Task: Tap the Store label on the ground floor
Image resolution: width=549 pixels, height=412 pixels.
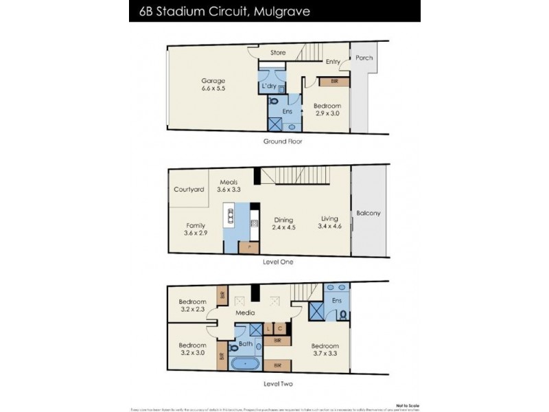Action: coord(277,52)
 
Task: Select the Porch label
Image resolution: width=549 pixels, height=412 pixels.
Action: coord(364,58)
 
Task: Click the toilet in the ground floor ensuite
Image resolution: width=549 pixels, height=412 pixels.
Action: coord(274,102)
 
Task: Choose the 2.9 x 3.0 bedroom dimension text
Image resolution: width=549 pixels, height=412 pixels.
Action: coord(327,115)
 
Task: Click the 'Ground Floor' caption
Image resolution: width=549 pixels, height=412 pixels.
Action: coord(282,141)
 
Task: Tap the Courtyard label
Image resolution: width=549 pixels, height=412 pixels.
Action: coord(189,190)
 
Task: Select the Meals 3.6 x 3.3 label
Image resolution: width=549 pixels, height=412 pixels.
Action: coord(229,186)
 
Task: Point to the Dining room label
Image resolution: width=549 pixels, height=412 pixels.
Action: coord(282,219)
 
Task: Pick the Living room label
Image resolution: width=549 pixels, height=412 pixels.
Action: coord(329,219)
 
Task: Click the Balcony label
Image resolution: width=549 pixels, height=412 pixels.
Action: coord(368,213)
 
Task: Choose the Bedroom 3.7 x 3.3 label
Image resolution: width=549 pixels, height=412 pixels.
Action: coord(324,350)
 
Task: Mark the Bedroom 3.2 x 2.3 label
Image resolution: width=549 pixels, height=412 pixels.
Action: coord(193,306)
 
